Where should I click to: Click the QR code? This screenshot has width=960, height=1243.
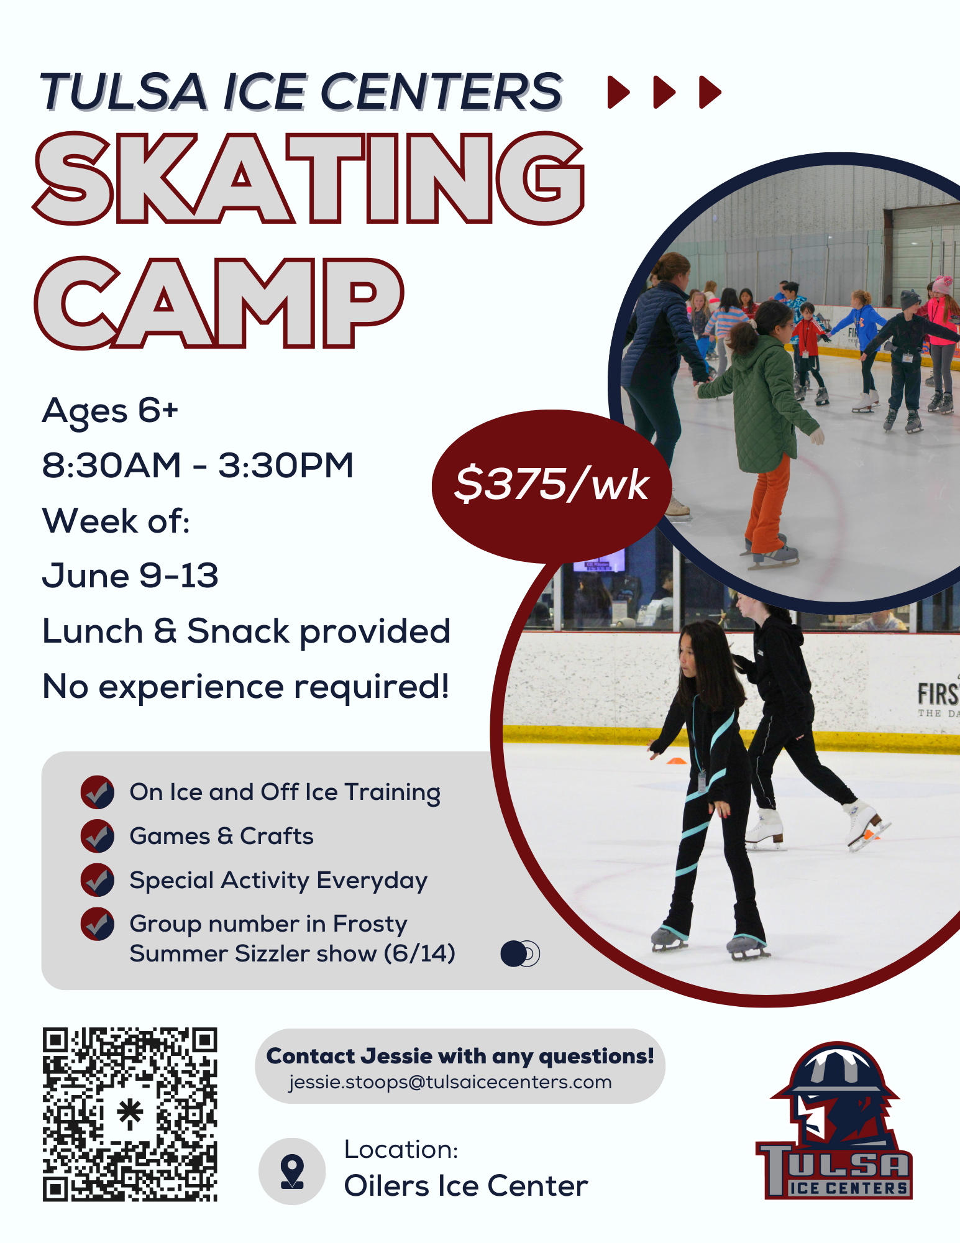click(x=130, y=1114)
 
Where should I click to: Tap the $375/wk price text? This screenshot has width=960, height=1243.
click(x=552, y=485)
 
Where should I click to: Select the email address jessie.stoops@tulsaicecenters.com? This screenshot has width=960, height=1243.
click(x=450, y=1083)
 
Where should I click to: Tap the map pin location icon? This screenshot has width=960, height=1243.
click(x=292, y=1172)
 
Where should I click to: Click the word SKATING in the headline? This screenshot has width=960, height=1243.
click(x=309, y=178)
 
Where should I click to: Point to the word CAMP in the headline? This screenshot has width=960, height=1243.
click(x=219, y=303)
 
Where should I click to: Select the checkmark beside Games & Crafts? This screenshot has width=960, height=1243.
click(x=98, y=836)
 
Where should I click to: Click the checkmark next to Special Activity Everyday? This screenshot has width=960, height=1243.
click(x=98, y=880)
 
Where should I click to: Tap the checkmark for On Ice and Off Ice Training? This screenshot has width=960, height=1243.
click(x=98, y=792)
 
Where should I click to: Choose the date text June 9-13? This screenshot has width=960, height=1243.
click(x=130, y=576)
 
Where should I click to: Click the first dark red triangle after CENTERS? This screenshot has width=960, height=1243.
click(x=618, y=92)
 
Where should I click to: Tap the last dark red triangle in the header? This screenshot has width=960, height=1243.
click(x=710, y=92)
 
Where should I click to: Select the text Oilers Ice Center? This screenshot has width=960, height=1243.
click(x=466, y=1186)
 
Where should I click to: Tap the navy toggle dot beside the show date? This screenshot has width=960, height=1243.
click(x=514, y=953)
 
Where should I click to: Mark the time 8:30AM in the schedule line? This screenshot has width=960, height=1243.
click(x=112, y=466)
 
